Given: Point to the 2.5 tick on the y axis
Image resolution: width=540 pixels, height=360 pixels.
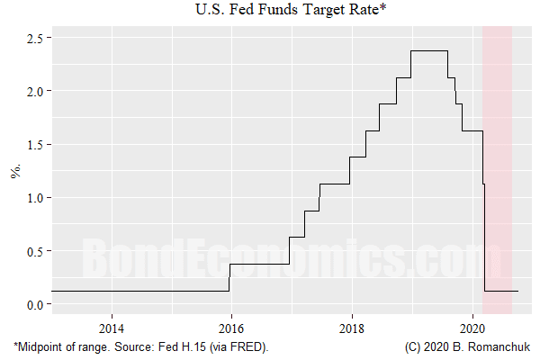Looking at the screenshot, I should click(34, 38).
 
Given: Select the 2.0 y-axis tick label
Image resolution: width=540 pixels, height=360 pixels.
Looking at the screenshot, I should click(34, 91).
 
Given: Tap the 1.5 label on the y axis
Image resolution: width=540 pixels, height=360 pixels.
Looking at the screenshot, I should click(34, 144).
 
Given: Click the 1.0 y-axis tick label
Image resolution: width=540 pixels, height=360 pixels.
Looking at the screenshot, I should click(34, 197).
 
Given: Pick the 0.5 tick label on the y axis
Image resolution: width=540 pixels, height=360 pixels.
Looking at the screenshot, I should click(34, 251).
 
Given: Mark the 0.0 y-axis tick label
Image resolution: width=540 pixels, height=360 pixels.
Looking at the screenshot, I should click(34, 304).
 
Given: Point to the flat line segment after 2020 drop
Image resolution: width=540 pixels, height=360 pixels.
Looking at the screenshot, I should click(501, 291).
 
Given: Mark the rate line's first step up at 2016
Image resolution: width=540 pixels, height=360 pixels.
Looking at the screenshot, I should click(229, 277).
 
